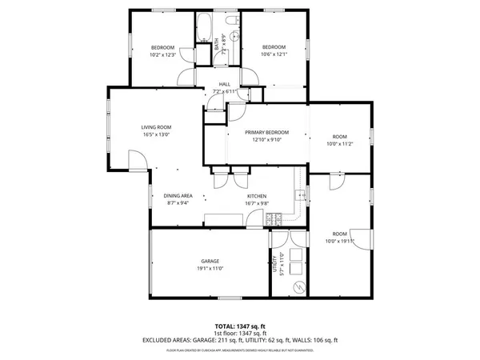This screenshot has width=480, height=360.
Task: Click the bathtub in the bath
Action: point(203,28)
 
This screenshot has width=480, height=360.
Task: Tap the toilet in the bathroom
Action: point(232,22)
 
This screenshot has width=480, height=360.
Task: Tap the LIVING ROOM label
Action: point(157,127)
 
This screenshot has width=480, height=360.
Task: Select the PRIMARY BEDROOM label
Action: point(266,132)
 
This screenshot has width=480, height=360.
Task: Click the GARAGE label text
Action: point(210,262)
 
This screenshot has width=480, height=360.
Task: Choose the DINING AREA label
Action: point(178,196)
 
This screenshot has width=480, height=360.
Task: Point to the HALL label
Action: point(225,85)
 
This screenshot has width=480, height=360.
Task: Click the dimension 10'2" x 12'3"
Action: point(162,54)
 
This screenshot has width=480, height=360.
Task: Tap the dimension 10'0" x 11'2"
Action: point(340,144)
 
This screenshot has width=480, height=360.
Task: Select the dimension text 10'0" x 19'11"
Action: point(340,241)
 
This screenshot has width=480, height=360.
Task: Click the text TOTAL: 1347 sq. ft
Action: point(240,326)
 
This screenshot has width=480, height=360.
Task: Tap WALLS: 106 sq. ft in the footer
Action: point(319,340)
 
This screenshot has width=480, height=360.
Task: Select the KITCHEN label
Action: point(256,196)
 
